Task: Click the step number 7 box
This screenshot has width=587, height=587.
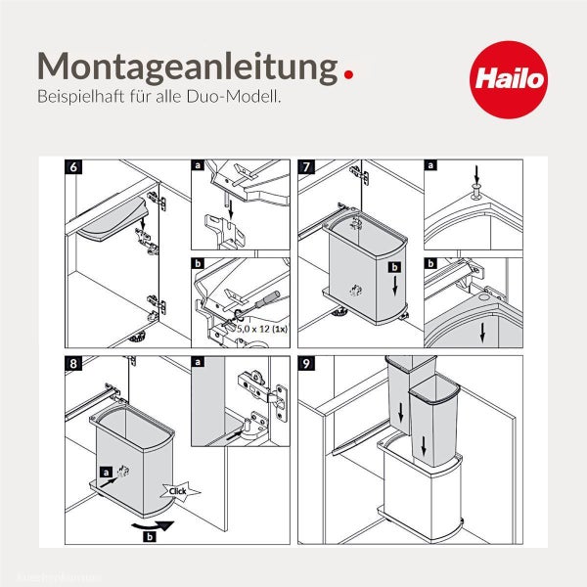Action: (x=307, y=167)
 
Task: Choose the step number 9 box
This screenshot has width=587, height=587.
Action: (x=307, y=363)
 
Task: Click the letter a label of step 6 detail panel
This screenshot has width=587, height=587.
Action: (x=198, y=167)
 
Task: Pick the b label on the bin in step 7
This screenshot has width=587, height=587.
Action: (x=394, y=267)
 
